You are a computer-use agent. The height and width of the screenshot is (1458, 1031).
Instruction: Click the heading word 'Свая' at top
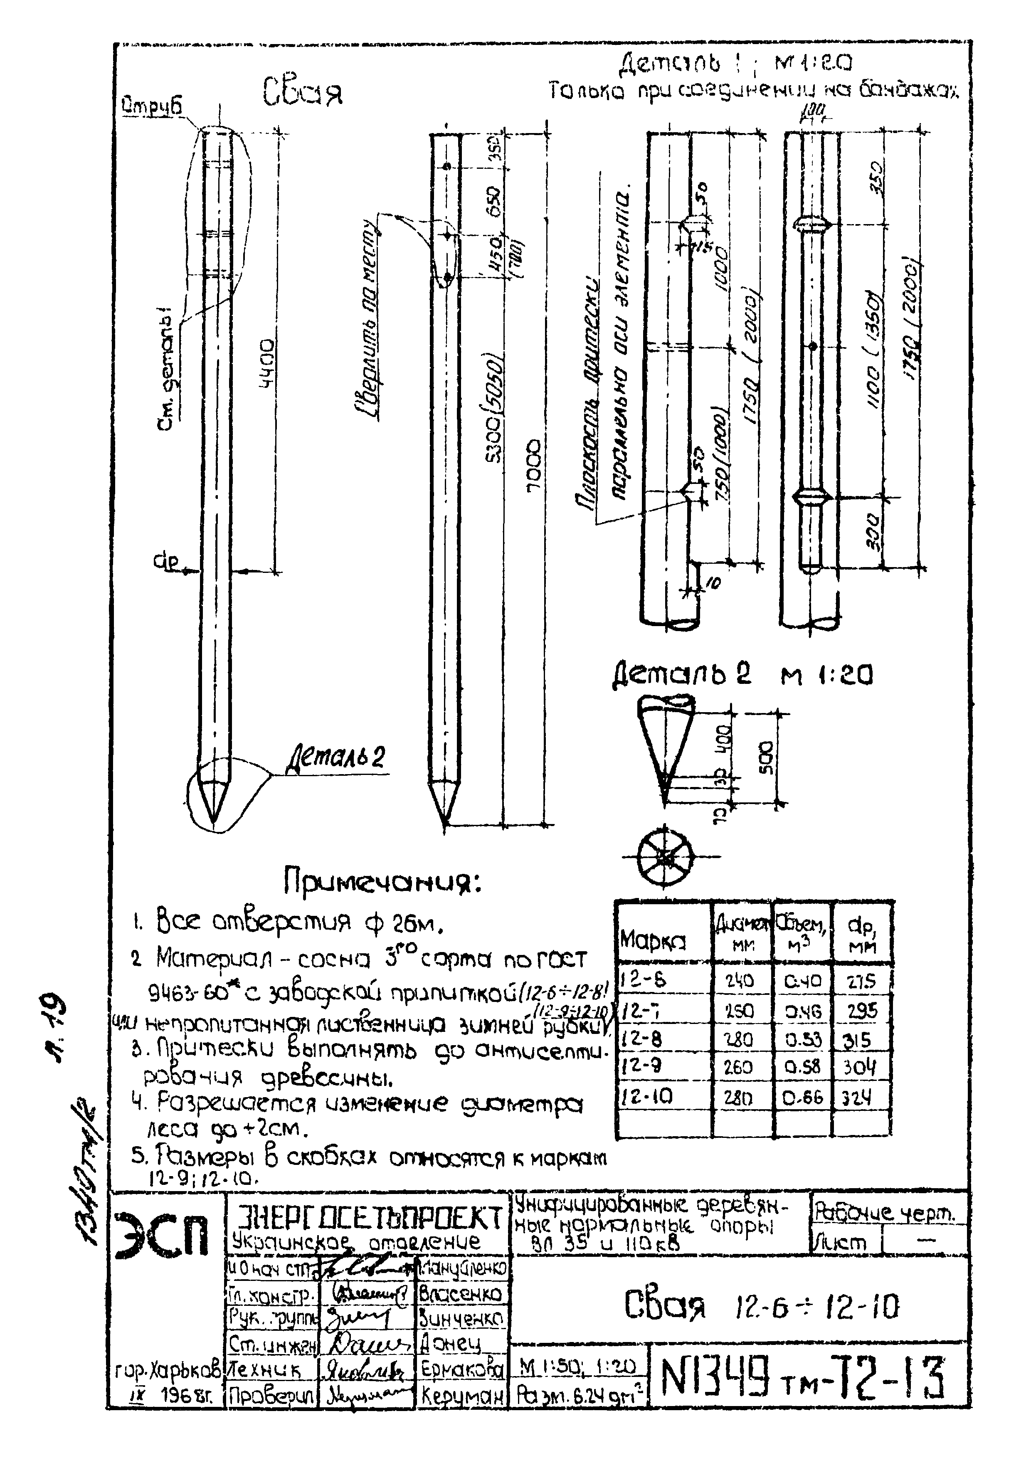302,92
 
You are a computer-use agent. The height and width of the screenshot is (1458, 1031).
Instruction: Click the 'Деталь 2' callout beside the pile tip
336,757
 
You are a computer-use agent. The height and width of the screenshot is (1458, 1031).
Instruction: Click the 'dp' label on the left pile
166,561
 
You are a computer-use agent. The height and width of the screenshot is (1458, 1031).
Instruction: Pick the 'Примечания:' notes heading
382,883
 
